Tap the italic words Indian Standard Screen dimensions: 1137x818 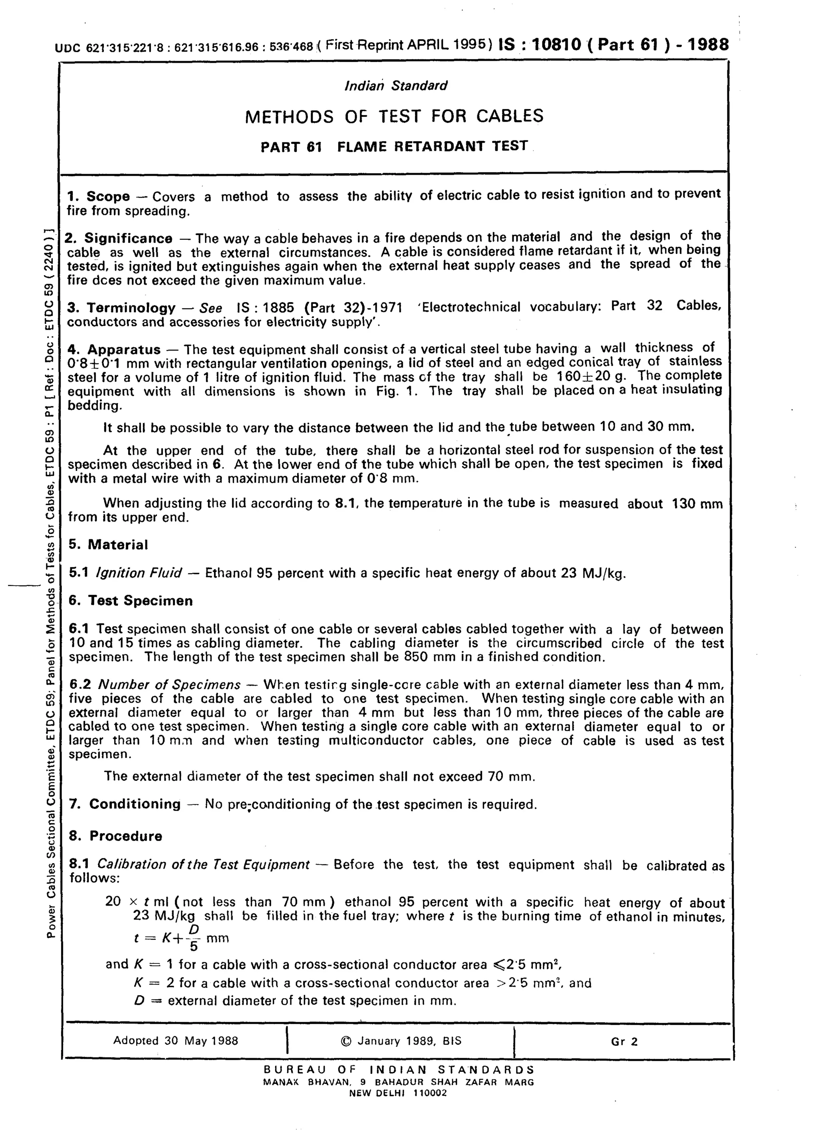[x=396, y=86]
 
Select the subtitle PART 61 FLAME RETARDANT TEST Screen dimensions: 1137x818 [x=394, y=146]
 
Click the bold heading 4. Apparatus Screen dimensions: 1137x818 [x=114, y=349]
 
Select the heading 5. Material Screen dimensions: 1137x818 [x=109, y=545]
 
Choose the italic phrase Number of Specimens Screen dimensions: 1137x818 [x=169, y=684]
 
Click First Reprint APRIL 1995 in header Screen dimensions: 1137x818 [x=405, y=45]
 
